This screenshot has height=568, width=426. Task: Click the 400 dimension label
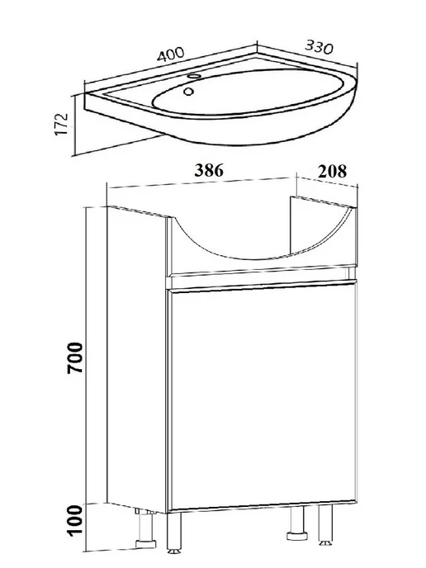point(171,54)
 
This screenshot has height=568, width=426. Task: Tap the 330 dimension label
point(319,47)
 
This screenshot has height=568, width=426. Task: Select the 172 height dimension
point(62,124)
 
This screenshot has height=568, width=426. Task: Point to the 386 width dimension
point(209,170)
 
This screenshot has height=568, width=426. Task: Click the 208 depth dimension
point(332,171)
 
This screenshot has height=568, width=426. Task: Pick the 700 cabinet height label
point(75,357)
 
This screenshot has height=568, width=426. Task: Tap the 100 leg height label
point(75,519)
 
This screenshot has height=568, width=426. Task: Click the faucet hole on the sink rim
point(195,77)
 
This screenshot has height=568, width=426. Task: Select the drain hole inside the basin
point(188,92)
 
